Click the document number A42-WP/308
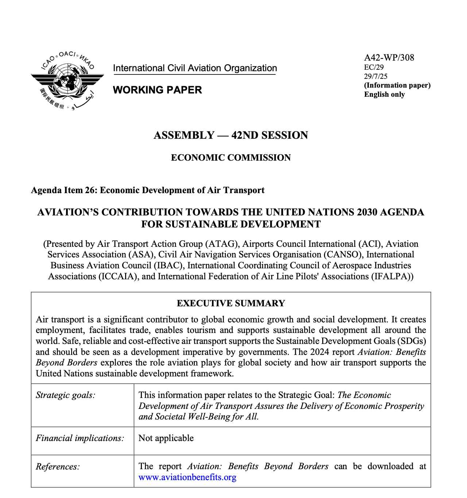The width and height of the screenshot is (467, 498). (x=389, y=58)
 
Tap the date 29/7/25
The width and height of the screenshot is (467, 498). (x=376, y=76)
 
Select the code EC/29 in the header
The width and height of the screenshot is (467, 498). (x=374, y=67)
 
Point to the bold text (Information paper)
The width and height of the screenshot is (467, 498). (x=397, y=85)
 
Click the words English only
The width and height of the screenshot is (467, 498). (x=385, y=95)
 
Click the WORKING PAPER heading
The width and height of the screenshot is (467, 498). (x=157, y=90)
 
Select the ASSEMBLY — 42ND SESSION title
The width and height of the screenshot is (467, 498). (x=231, y=135)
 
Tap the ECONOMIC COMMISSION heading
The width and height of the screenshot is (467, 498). (x=231, y=158)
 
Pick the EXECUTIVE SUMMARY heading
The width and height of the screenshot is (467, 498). (x=231, y=303)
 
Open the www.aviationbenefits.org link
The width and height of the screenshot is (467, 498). (x=187, y=477)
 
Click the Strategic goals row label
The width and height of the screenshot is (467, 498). (x=66, y=395)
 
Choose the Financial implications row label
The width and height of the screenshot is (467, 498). (x=80, y=438)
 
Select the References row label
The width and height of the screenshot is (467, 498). (x=58, y=467)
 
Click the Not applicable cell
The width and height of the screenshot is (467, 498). (x=166, y=438)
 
